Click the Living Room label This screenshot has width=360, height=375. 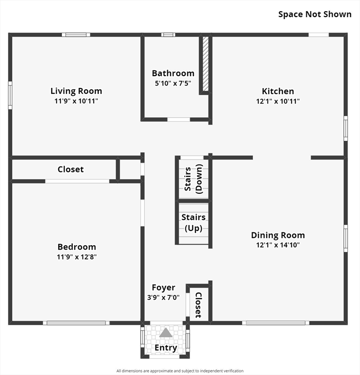[x=76, y=91]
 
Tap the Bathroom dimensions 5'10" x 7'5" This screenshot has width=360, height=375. [x=173, y=83]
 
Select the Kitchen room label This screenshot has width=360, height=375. [x=278, y=91]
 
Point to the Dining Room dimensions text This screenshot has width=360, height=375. [x=278, y=245]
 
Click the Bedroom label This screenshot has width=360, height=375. [x=77, y=247]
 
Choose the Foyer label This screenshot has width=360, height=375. [x=163, y=288]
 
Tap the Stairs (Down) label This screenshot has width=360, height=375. [x=193, y=179]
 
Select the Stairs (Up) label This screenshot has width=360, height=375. [x=193, y=222]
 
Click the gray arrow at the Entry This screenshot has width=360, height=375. [x=166, y=333]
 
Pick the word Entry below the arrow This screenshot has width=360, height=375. [x=166, y=348]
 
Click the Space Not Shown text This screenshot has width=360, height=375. [x=315, y=14]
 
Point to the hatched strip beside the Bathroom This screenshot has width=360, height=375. [x=206, y=63]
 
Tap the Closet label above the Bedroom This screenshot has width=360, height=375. [x=70, y=169]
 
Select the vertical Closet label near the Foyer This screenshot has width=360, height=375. [x=198, y=305]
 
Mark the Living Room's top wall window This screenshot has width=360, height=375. [x=76, y=35]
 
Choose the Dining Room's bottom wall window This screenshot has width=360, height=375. [x=275, y=323]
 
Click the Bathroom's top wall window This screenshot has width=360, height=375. [x=168, y=35]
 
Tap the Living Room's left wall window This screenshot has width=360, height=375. [x=10, y=95]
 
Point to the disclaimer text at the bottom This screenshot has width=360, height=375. [x=180, y=371]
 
